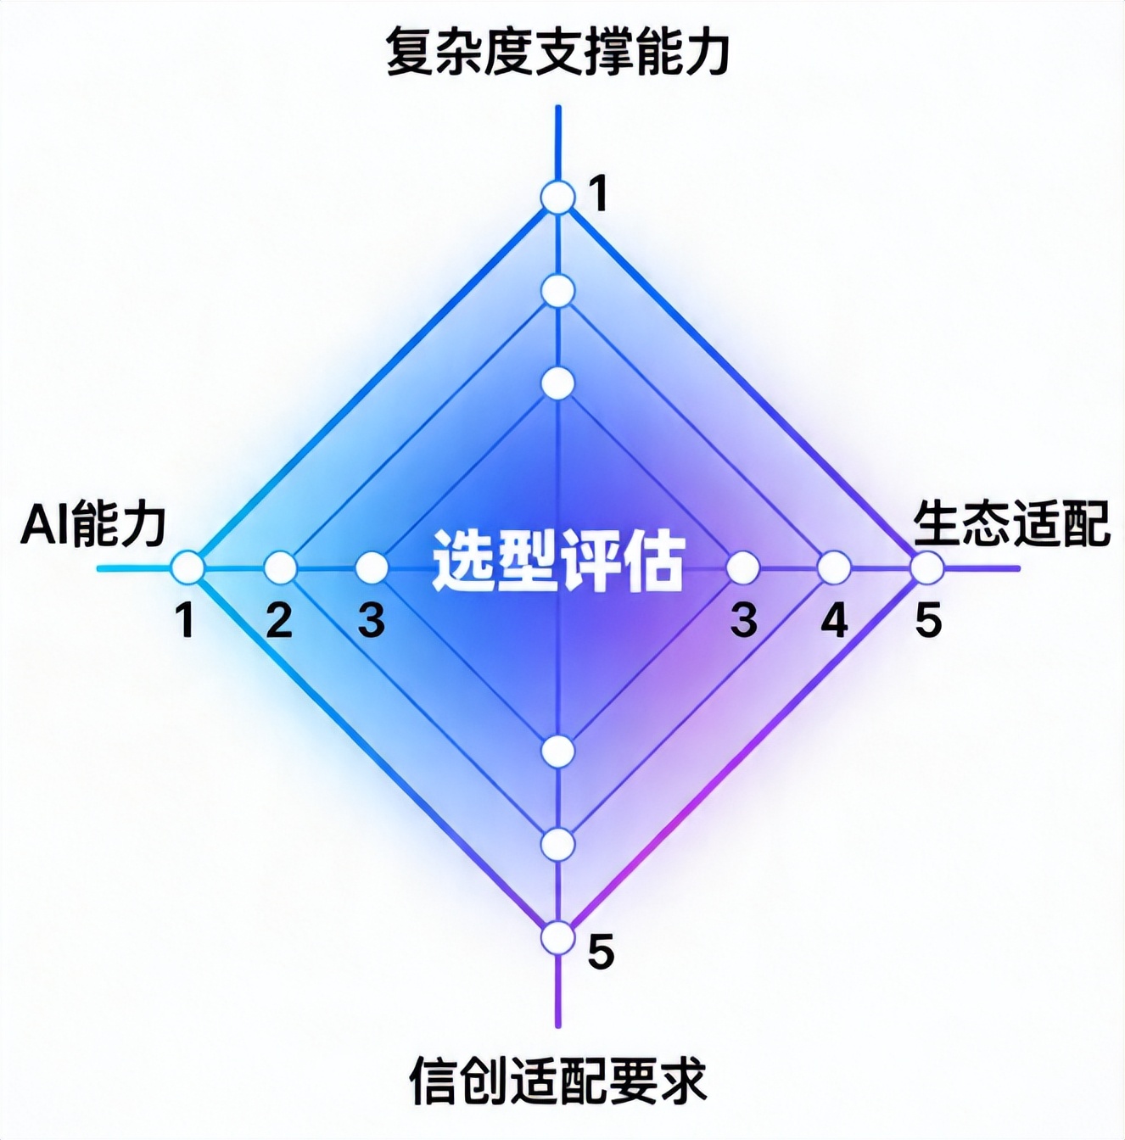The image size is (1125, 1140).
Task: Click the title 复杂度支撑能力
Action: [557, 53]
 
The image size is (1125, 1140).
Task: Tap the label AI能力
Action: [93, 525]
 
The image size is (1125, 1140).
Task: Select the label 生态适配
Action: [1011, 525]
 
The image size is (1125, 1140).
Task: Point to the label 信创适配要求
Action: [558, 1080]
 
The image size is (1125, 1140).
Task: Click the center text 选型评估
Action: [558, 561]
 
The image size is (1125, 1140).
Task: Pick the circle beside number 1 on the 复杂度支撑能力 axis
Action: [558, 198]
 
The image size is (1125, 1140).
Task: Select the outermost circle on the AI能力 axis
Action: [187, 567]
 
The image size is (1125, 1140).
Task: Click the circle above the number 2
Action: [280, 567]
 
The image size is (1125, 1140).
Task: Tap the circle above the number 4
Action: [834, 567]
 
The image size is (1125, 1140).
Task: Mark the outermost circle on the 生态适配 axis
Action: [926, 567]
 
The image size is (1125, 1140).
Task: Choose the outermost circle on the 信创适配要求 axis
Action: [558, 938]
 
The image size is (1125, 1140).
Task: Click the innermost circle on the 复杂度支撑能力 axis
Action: [558, 383]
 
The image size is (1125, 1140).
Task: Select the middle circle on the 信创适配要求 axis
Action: [558, 844]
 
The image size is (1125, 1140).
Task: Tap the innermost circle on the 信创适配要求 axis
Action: [558, 751]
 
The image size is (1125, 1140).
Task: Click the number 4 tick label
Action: [834, 621]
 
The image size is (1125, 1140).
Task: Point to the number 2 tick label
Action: [279, 621]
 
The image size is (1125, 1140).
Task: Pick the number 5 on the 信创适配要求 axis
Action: [601, 953]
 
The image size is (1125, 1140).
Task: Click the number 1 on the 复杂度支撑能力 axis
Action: [599, 195]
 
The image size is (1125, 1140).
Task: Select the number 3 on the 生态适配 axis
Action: [743, 621]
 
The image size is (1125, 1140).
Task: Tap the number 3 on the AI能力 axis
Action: [372, 621]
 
